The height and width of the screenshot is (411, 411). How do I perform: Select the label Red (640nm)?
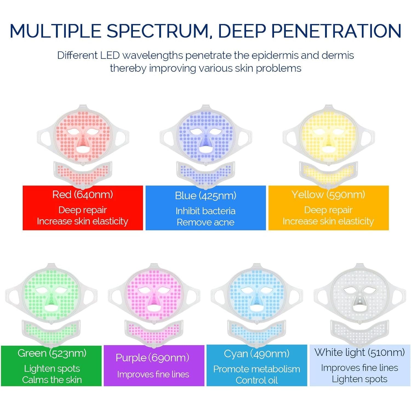click(x=82, y=195)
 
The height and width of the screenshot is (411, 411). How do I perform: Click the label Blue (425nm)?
click(x=206, y=196)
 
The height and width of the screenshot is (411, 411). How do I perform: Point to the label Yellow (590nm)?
click(x=328, y=195)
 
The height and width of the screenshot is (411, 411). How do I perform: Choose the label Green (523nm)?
click(x=52, y=353)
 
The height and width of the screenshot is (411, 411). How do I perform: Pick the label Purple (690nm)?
click(x=152, y=358)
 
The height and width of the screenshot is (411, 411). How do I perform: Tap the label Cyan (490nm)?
click(x=257, y=354)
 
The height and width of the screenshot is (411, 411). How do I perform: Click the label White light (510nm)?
click(x=359, y=352)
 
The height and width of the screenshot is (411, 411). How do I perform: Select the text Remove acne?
click(x=206, y=222)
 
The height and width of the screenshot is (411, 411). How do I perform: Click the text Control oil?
click(x=257, y=380)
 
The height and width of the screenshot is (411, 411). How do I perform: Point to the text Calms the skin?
click(x=52, y=380)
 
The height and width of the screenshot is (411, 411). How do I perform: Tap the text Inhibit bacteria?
click(x=206, y=211)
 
